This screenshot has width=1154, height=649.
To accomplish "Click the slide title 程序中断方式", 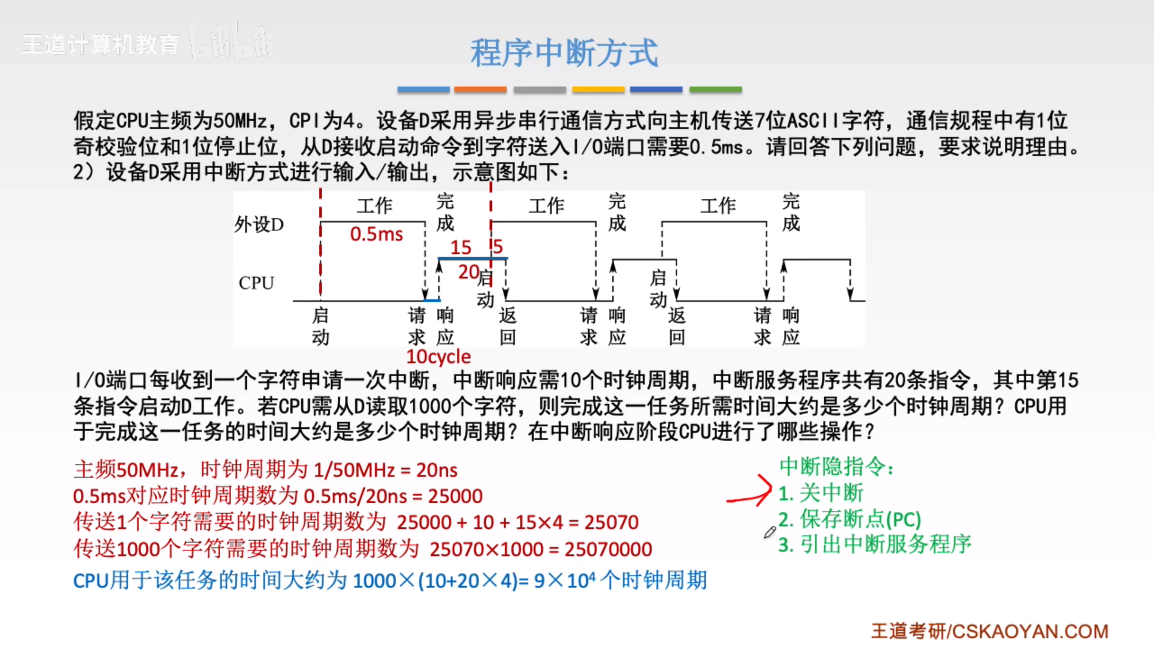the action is point(564,52).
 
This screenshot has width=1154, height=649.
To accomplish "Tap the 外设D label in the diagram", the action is point(259,224).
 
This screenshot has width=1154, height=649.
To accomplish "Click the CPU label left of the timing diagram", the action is point(256,283).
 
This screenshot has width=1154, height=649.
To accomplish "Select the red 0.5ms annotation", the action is point(376,234).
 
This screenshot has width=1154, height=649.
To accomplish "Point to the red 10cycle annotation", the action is point(438,356).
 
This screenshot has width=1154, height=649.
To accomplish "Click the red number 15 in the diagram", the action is point(461,247).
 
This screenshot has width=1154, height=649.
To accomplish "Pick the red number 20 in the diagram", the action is point(469,272).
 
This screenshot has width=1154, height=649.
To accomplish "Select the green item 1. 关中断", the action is point(821,493).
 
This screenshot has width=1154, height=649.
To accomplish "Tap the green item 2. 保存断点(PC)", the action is point(850,519).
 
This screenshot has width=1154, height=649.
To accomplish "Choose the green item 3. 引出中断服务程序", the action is point(875,544).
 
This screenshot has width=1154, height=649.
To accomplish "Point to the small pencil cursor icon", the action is point(769,532).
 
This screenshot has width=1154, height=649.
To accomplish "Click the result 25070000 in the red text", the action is point(608,549).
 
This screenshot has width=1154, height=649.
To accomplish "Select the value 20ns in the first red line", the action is point(437,470).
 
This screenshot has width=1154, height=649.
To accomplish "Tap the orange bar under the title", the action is point(480,89).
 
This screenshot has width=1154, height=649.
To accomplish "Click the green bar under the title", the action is point(715,89).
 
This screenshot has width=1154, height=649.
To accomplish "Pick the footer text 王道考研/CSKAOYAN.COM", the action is point(989,631).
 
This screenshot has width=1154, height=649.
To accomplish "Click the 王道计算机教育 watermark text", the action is point(100,45).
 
